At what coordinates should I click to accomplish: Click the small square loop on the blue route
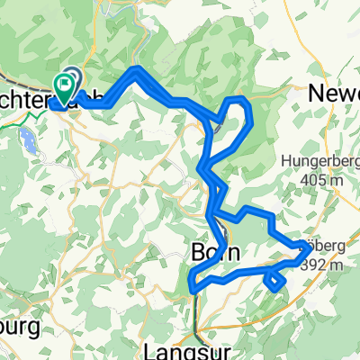pos(275,282)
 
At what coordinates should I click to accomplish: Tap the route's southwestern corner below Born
pos(192,288)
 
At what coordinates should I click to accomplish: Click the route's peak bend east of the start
pos(135,69)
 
